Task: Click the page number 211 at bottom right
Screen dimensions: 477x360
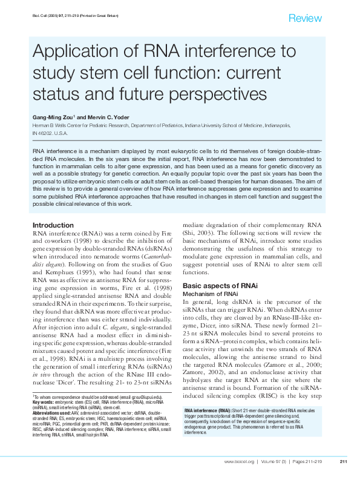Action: tap(342, 462)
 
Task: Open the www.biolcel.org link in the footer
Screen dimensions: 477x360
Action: tap(239, 462)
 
